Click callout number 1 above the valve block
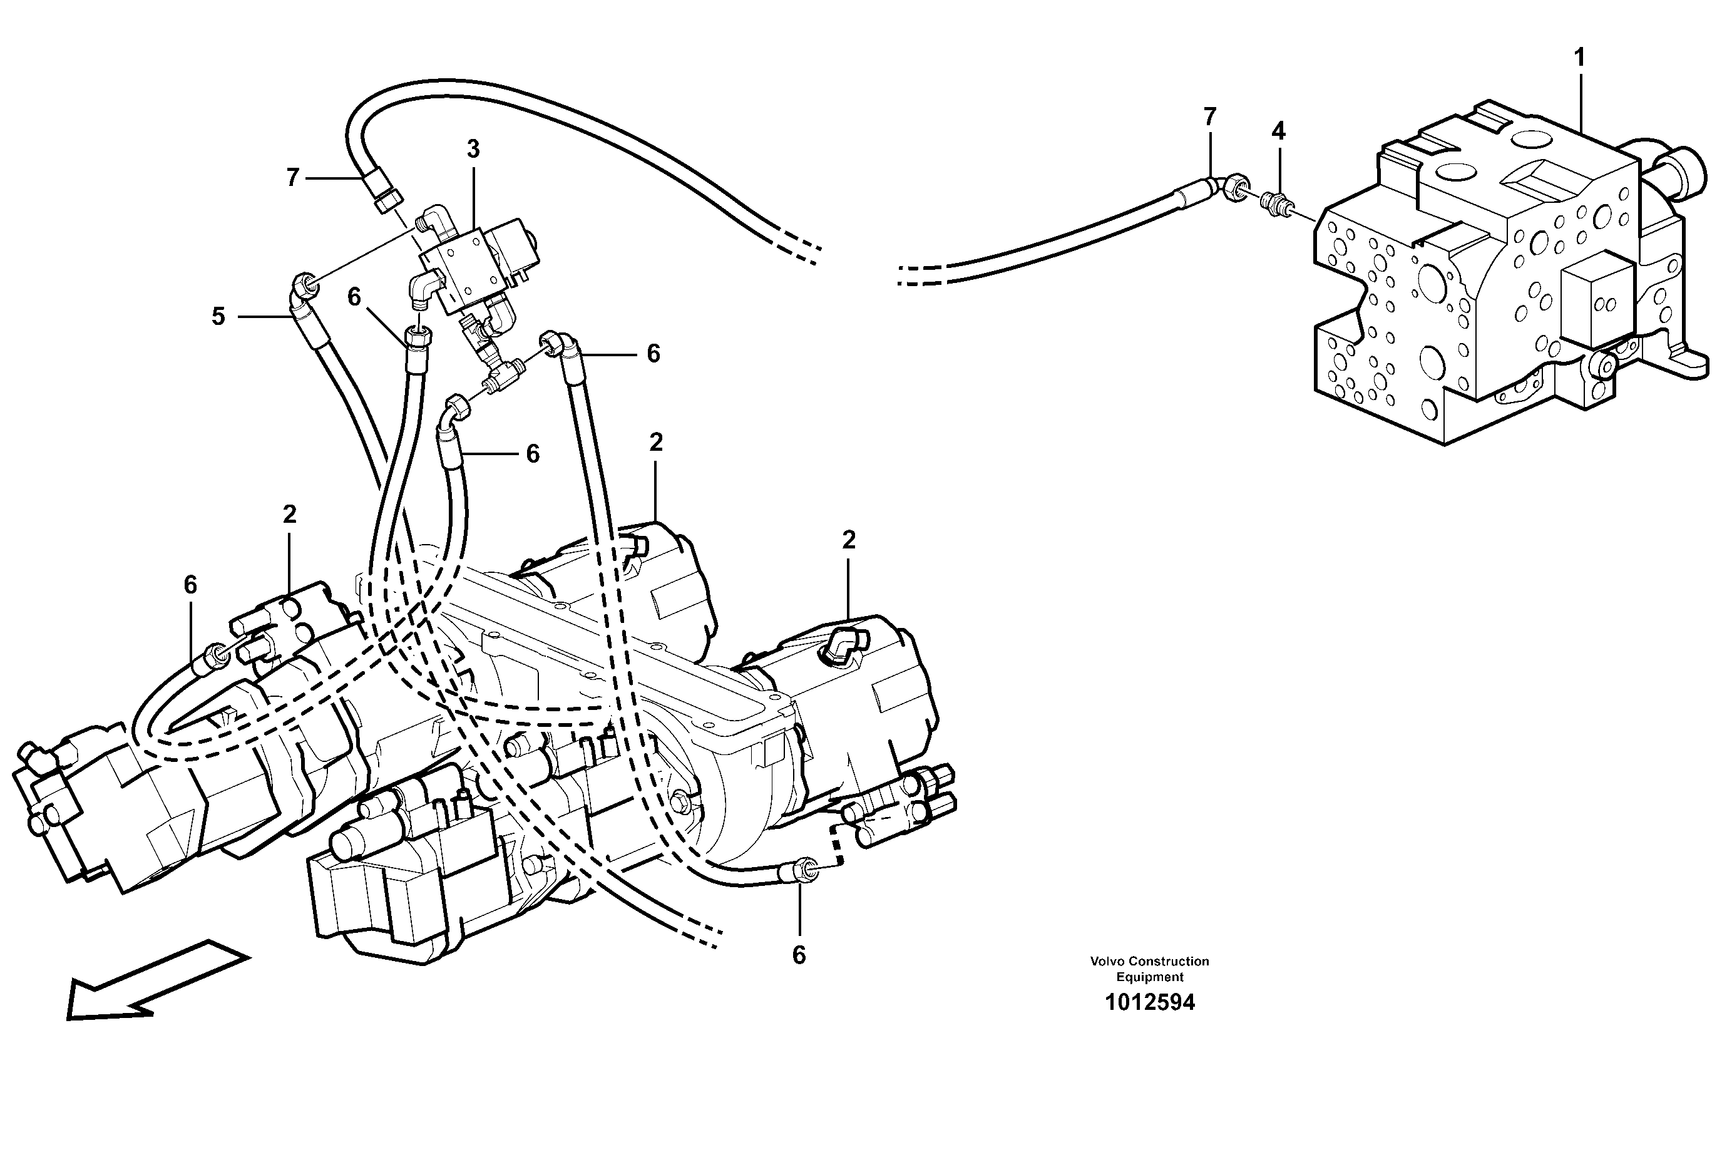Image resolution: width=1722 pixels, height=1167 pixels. tap(1579, 58)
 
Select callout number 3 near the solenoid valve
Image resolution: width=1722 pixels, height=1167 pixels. tap(473, 150)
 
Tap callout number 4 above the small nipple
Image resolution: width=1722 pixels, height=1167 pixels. tap(1278, 132)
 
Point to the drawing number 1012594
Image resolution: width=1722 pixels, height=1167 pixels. tap(1149, 1003)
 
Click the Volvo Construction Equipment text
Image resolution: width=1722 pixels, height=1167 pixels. tap(1149, 969)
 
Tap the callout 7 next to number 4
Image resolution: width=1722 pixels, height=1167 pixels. tap(1210, 117)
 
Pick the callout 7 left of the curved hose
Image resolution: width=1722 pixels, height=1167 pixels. tap(293, 178)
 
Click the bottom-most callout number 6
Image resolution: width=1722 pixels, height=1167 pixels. tap(799, 956)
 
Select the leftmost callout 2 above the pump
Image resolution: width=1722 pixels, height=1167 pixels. tap(289, 514)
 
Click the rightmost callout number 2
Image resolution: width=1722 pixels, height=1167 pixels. tap(848, 540)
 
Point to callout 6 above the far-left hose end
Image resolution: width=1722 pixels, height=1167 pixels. tap(190, 585)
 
